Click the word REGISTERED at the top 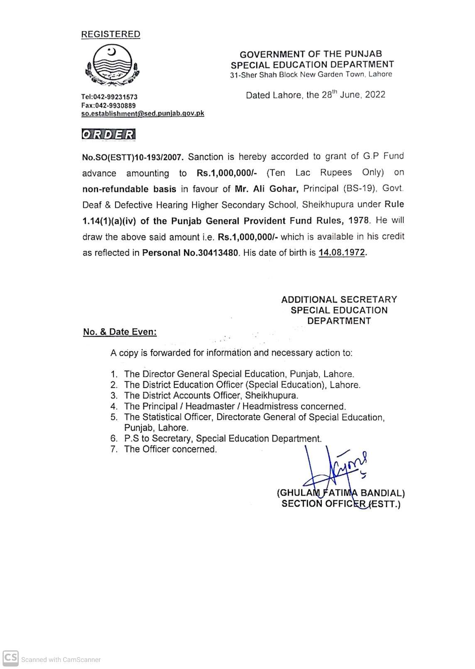click(110, 34)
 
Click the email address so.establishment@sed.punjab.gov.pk click(142, 113)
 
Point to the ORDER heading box click(109, 135)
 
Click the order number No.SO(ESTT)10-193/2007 click(133, 157)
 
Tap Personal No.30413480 click(191, 253)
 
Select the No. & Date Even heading click(120, 332)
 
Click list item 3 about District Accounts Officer click(204, 395)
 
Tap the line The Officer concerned click(170, 449)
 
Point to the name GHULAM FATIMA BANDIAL click(340, 493)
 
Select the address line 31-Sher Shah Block click(311, 75)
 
